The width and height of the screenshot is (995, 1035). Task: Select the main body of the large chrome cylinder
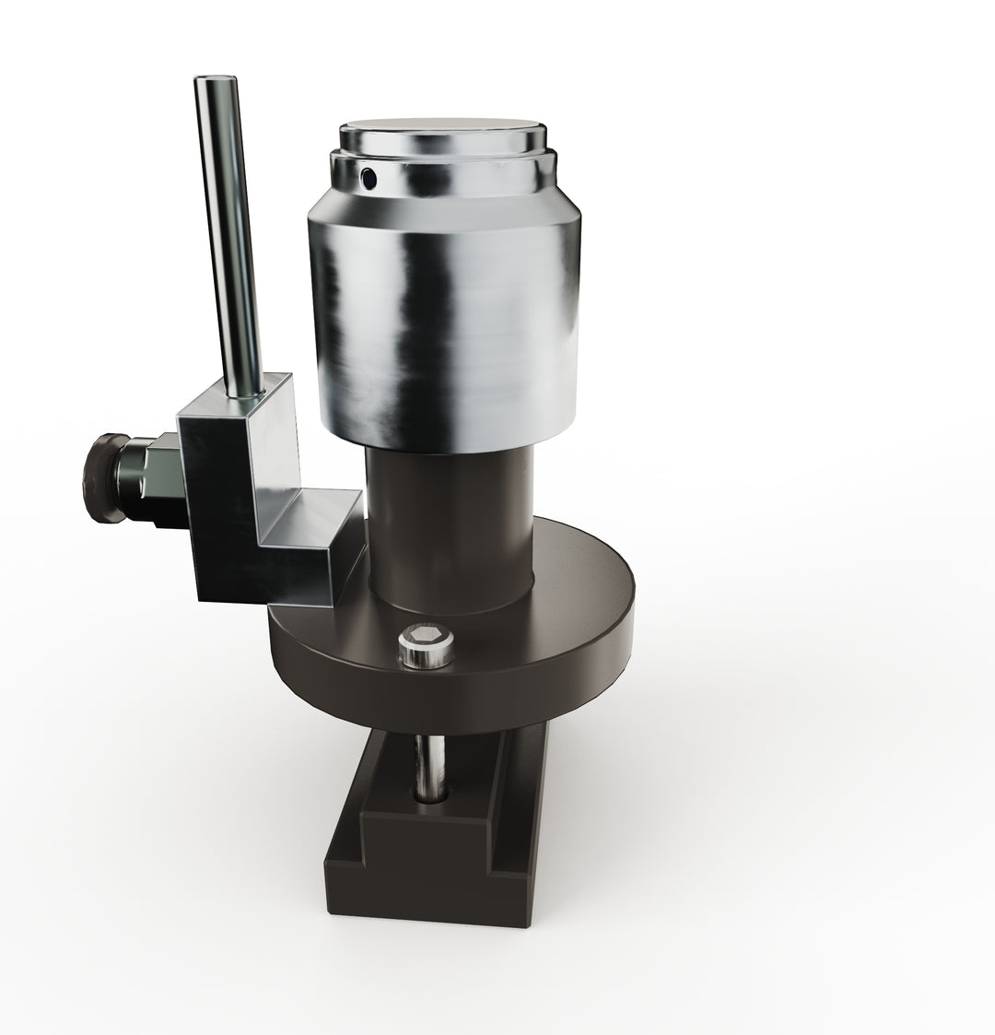(442, 323)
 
